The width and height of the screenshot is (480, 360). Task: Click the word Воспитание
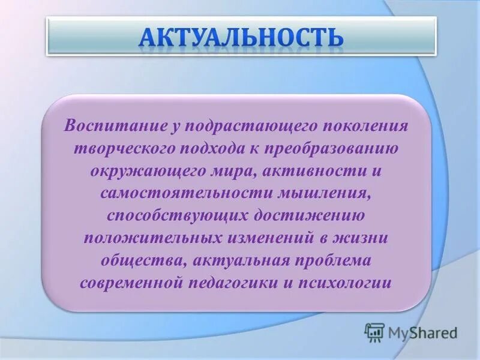click(x=107, y=127)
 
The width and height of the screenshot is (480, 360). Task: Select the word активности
click(x=307, y=171)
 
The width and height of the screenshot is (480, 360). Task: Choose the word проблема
click(x=333, y=260)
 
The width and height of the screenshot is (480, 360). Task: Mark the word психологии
click(x=357, y=282)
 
